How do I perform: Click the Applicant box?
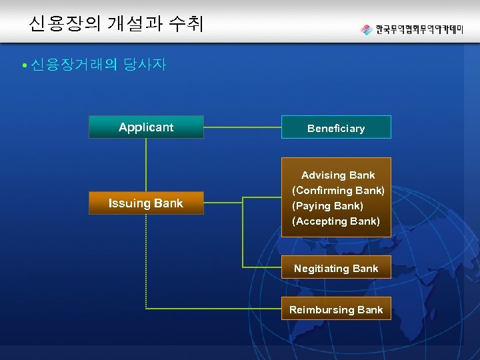pyautogui.click(x=146, y=127)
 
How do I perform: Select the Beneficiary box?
pyautogui.click(x=336, y=127)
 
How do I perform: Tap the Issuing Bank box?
pyautogui.click(x=146, y=203)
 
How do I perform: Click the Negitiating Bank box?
pyautogui.click(x=336, y=268)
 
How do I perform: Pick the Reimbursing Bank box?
pyautogui.click(x=336, y=309)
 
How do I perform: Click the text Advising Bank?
pyautogui.click(x=338, y=175)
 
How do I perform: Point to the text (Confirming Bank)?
pyautogui.click(x=338, y=191)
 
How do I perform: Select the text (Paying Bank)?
pyautogui.click(x=327, y=206)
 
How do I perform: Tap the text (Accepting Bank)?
pyautogui.click(x=336, y=221)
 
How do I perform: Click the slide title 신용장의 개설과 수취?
pyautogui.click(x=116, y=25)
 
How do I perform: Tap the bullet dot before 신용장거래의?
pyautogui.click(x=23, y=65)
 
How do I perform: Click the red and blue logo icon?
pyautogui.click(x=366, y=29)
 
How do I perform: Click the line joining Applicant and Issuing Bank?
pyautogui.click(x=146, y=165)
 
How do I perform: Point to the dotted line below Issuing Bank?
pyautogui.click(x=146, y=260)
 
